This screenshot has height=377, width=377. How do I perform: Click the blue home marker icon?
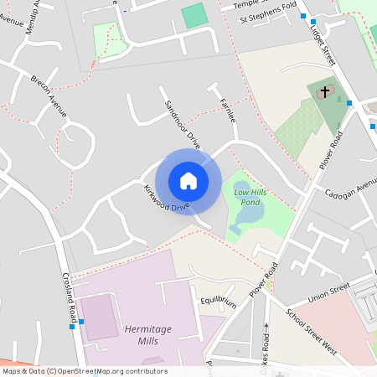click(188, 181)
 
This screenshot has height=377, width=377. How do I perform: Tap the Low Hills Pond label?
click(250, 198)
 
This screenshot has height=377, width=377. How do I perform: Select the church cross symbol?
click(324, 91)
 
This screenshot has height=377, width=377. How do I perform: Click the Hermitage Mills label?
click(147, 329)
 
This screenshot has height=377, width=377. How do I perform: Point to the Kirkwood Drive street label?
click(166, 197)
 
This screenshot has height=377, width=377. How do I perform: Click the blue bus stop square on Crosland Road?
click(80, 322)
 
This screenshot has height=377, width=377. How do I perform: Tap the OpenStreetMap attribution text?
click(85, 371)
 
